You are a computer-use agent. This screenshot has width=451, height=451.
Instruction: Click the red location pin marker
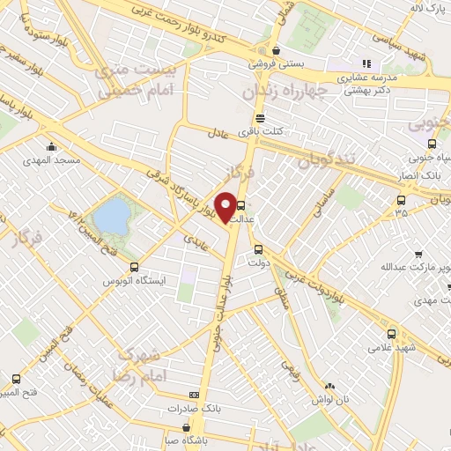[225, 207]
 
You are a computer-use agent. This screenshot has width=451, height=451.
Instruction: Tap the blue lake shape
[111, 215]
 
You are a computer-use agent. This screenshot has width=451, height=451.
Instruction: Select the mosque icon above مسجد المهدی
[53, 147]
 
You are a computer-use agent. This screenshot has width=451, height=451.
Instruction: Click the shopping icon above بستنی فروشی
[276, 50]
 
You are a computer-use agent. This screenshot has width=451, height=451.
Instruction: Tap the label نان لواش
[328, 400]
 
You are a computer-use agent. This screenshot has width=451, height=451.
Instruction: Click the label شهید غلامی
[393, 349]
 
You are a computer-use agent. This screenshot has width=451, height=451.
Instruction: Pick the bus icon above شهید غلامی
[392, 334]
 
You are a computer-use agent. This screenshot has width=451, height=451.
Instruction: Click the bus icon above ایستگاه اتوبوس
[134, 267]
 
